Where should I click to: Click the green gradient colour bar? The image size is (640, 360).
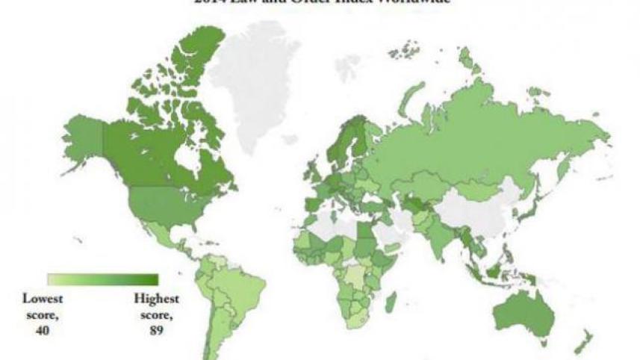click(103, 279)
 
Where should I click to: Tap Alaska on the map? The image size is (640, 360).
click(84, 138)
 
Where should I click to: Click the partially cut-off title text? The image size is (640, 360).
click(320, 3)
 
